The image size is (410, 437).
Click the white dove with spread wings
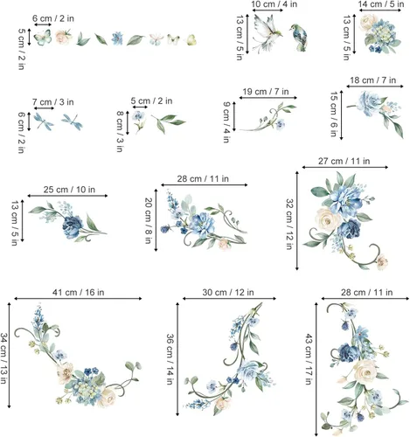[266, 38]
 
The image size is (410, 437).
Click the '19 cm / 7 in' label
[266, 91]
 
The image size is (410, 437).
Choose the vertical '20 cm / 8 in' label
[149, 218]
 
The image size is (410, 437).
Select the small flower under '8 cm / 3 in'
[137, 119]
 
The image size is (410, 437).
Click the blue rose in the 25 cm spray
[73, 222]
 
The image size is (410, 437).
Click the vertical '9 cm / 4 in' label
[226, 116]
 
